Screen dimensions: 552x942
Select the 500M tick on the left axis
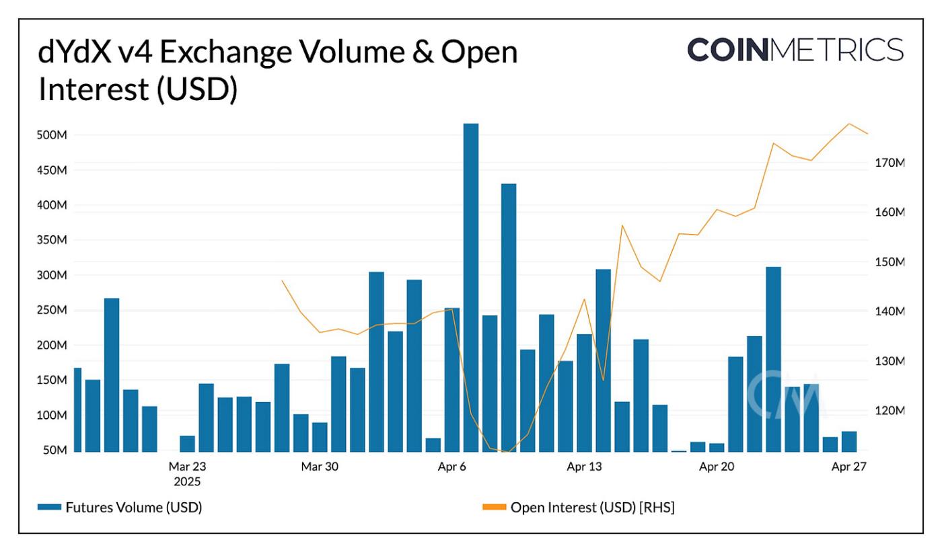[x=52, y=135]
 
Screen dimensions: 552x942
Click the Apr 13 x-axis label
[x=584, y=466]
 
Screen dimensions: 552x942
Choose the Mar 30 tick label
[x=320, y=466]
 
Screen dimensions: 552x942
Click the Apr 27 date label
[x=848, y=466]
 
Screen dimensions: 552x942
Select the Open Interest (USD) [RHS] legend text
[x=592, y=508]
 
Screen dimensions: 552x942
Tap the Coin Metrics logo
[x=795, y=50]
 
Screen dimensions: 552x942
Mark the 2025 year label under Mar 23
[x=187, y=481]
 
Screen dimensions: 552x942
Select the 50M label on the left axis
[x=55, y=450]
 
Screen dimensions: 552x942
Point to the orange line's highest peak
[x=849, y=124]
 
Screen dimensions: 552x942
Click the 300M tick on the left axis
[x=52, y=275]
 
